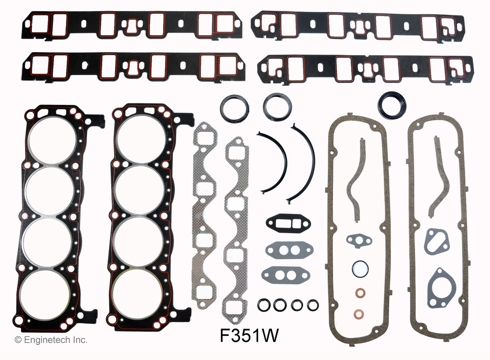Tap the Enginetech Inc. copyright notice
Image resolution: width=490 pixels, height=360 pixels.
(x=51, y=339)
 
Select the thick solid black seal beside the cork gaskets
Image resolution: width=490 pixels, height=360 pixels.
(x=392, y=105)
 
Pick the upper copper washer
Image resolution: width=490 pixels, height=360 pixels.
(x=360, y=293)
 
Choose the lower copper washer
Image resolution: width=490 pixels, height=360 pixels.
(x=359, y=313)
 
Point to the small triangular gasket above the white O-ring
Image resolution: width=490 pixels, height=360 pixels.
(x=359, y=240)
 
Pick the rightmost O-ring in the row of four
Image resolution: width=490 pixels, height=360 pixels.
(x=313, y=305)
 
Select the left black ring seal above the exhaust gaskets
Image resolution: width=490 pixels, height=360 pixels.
(x=234, y=109)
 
